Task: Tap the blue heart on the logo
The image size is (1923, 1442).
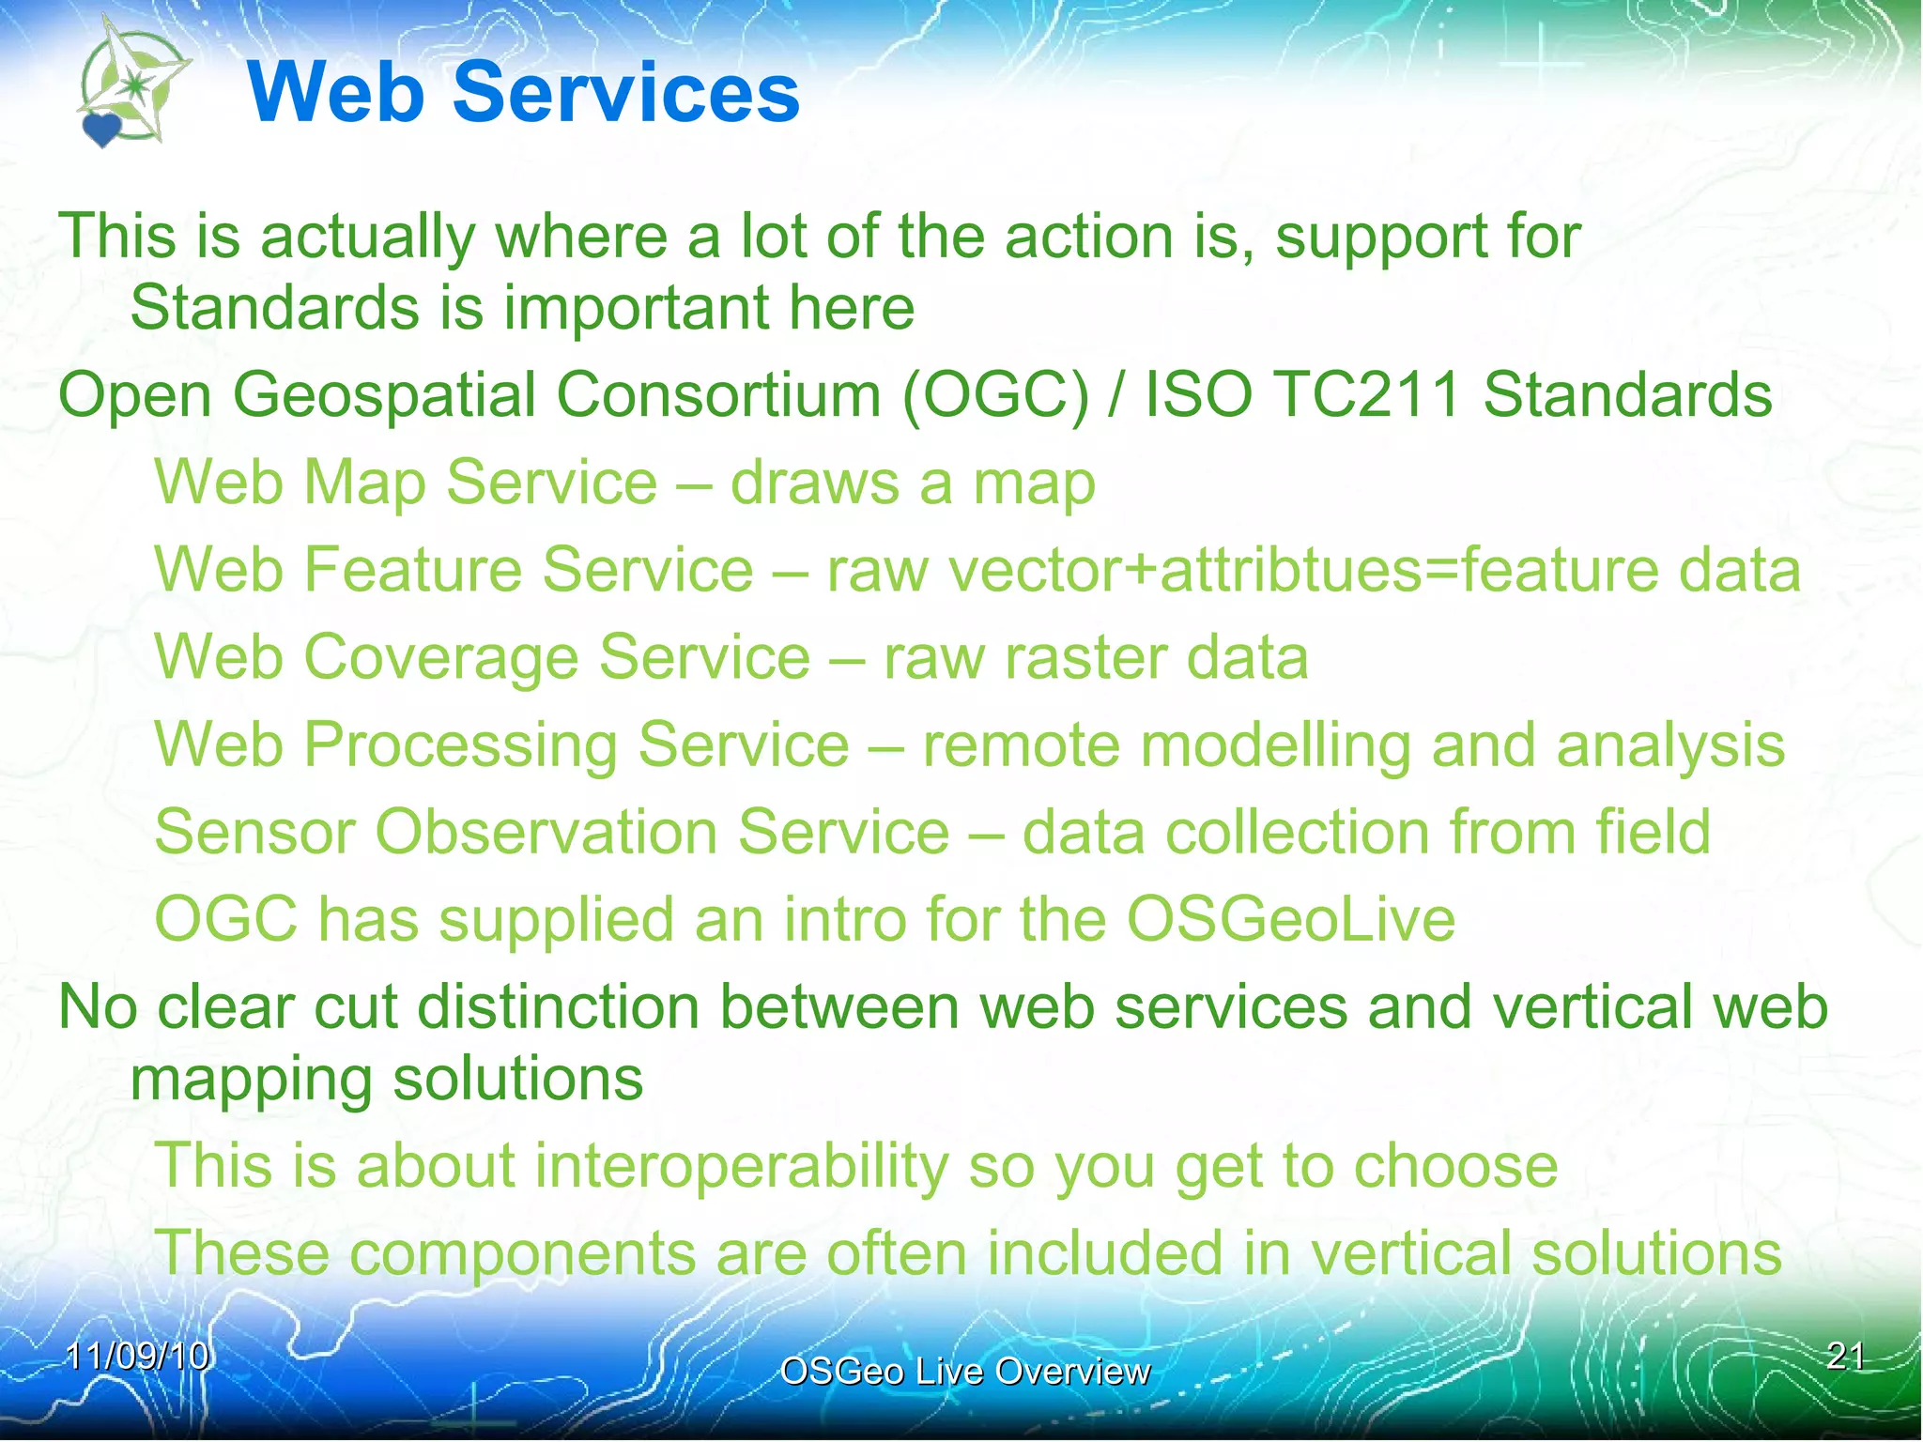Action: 101,129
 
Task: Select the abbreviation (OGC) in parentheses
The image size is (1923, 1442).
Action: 995,394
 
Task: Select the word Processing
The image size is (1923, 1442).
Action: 460,746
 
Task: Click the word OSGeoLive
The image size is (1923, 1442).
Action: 1290,919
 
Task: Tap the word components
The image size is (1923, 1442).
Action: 512,1253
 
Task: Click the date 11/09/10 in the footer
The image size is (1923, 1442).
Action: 137,1357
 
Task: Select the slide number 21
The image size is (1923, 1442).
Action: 1845,1357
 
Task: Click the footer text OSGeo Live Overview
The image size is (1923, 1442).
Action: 964,1372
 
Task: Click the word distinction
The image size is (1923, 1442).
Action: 558,1007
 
